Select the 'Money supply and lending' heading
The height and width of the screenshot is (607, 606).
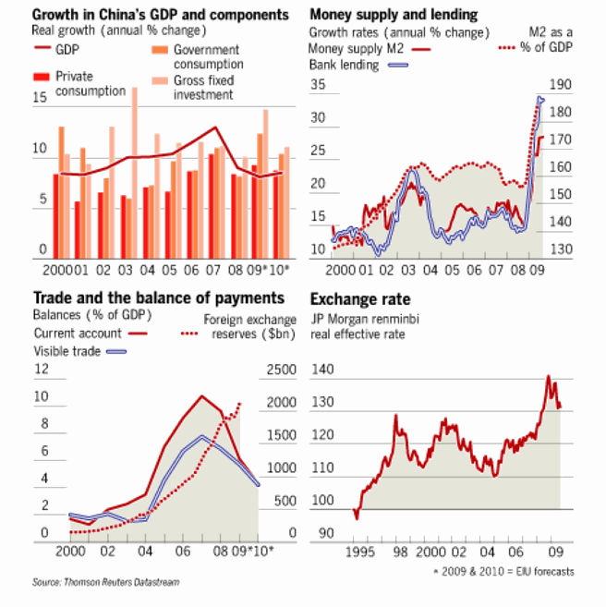pyautogui.click(x=394, y=14)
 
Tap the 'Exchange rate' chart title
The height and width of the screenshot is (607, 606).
pyautogui.click(x=360, y=299)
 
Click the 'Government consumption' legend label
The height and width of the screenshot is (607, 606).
pyautogui.click(x=207, y=56)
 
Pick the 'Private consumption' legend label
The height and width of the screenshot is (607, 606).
pyautogui.click(x=91, y=84)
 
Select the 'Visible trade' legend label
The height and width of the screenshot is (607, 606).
pyautogui.click(x=67, y=350)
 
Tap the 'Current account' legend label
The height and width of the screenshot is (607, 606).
pyautogui.click(x=78, y=333)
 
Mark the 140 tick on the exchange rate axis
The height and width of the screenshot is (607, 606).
pyautogui.click(x=324, y=370)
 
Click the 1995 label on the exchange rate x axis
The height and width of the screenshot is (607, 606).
pyautogui.click(x=360, y=552)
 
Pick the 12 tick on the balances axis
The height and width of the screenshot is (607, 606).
pyautogui.click(x=41, y=370)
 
